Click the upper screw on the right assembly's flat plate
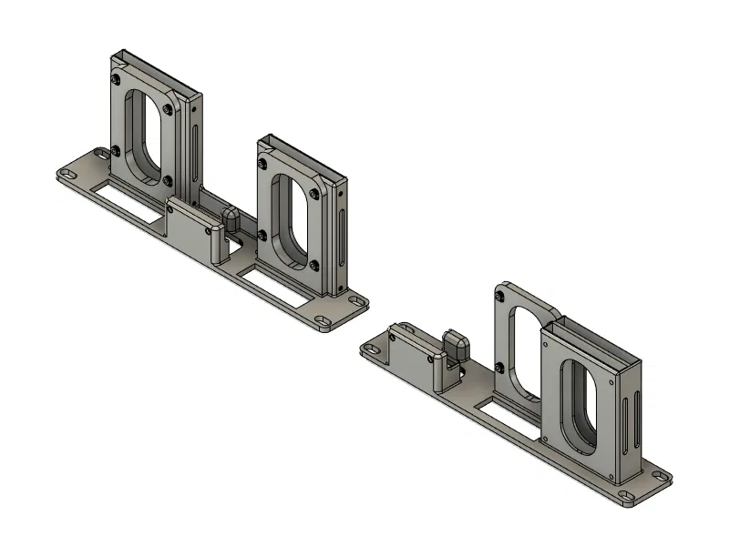click(500, 296)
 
